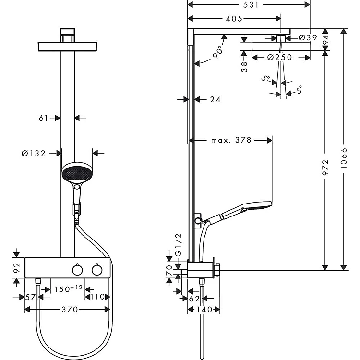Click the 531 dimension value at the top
[251, 5]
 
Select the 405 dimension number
[234, 19]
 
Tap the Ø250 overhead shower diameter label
[280, 57]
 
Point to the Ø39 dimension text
[308, 37]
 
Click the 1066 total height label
[344, 158]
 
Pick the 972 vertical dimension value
[325, 168]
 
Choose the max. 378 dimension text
[231, 140]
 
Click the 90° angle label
[217, 52]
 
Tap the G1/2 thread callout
[178, 245]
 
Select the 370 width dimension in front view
[70, 310]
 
